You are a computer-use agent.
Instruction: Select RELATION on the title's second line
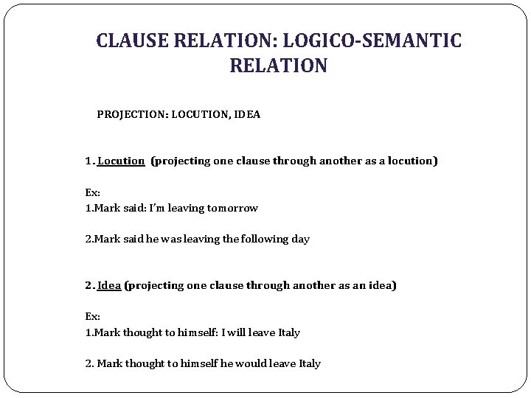pyautogui.click(x=279, y=66)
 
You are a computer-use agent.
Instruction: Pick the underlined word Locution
pyautogui.click(x=121, y=160)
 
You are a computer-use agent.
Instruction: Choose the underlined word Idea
pyautogui.click(x=109, y=284)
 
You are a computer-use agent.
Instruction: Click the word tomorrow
pyautogui.click(x=232, y=208)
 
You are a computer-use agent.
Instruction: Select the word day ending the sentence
pyautogui.click(x=300, y=239)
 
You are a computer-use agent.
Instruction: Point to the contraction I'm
pyautogui.click(x=156, y=208)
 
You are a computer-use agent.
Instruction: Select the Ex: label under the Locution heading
pyautogui.click(x=92, y=192)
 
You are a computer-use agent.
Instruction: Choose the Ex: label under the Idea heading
pyautogui.click(x=92, y=316)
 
